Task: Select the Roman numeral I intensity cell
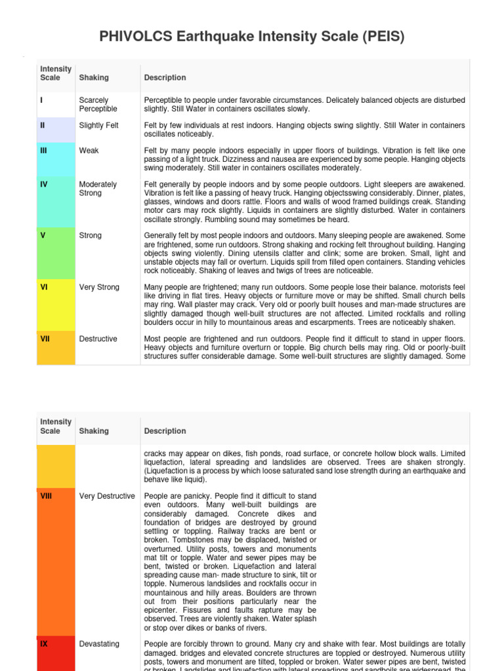(x=42, y=100)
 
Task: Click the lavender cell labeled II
(x=43, y=125)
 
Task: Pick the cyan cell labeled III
(x=44, y=151)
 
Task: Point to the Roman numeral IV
(x=44, y=185)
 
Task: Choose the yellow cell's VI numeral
(x=44, y=287)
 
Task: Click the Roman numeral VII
(x=45, y=339)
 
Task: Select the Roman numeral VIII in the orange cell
(x=47, y=496)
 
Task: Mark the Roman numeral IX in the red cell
(x=44, y=644)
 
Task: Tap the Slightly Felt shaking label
(x=99, y=125)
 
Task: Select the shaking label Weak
(x=89, y=151)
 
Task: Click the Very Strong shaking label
(x=99, y=287)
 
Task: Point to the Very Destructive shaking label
(x=107, y=496)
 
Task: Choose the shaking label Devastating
(x=99, y=644)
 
